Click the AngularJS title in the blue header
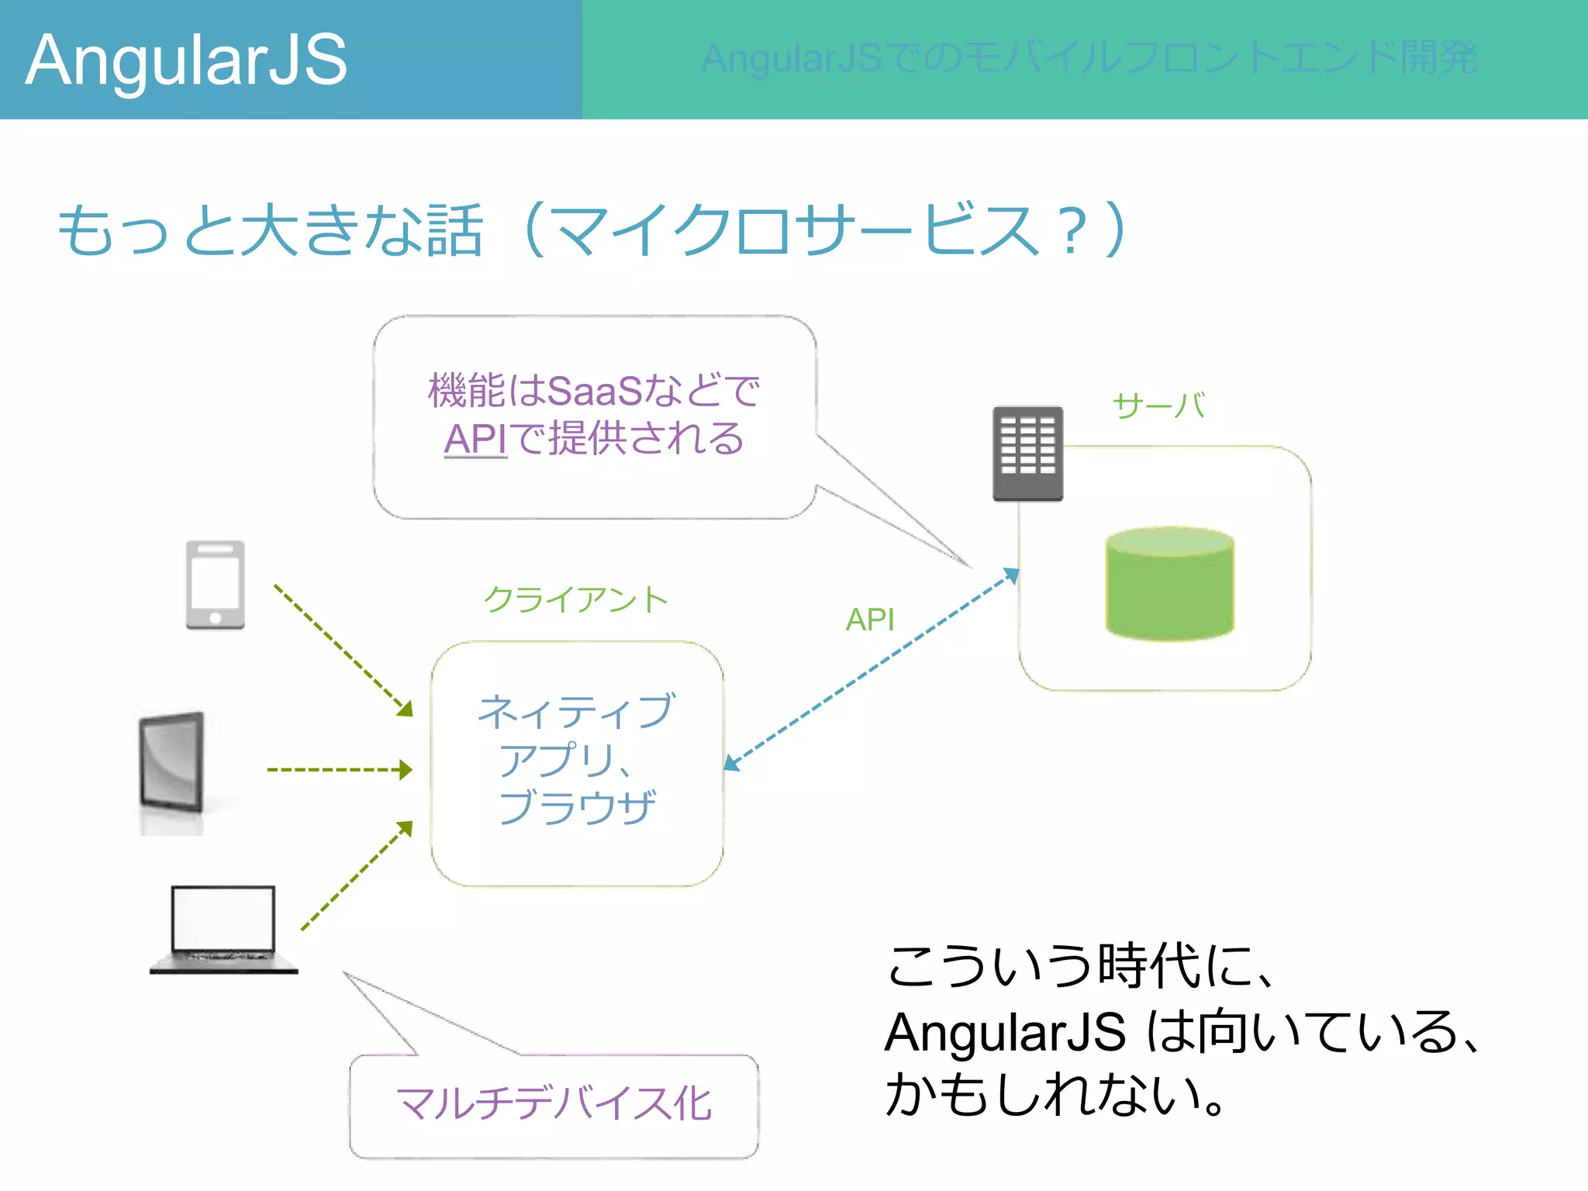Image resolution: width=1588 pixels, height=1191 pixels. [186, 60]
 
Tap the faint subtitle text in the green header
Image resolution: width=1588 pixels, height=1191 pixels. [1089, 58]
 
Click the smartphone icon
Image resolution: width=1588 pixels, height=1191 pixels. [215, 585]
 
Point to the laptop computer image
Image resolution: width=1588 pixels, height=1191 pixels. [223, 929]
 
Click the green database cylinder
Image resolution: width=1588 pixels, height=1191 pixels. [1169, 583]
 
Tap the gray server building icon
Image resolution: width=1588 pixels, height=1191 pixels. [1027, 453]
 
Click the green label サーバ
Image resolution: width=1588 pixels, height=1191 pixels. [1158, 406]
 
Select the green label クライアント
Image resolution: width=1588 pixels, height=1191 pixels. [575, 599]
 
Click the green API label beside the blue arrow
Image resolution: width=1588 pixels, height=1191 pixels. [869, 620]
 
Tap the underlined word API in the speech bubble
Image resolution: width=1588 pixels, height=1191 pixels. [475, 439]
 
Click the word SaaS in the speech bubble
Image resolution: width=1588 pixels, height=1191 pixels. [595, 391]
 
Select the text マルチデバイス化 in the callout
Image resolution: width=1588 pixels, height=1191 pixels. [554, 1103]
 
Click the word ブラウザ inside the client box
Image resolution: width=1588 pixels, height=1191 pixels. [577, 806]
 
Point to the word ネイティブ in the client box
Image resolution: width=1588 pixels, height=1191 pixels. [577, 711]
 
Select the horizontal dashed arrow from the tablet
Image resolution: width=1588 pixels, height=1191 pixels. [338, 770]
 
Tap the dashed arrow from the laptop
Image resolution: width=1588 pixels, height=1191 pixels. [355, 876]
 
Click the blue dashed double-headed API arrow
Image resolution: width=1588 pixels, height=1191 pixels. [871, 669]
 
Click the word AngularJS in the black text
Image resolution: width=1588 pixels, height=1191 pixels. [1004, 1033]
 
